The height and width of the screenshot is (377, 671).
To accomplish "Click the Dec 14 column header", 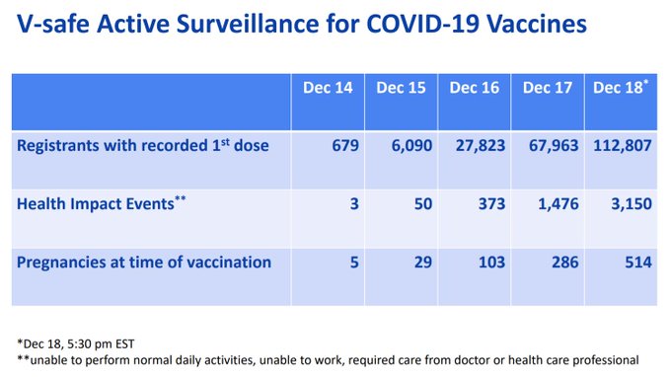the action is click(x=328, y=88).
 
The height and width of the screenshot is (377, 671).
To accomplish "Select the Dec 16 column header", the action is click(x=475, y=88).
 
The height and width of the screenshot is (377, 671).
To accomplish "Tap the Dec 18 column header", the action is click(x=621, y=87).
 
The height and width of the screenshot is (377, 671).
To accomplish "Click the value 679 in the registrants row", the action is click(x=345, y=145).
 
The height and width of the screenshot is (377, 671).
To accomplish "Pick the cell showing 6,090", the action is click(x=411, y=146).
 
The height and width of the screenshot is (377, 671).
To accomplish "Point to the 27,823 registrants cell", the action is click(x=481, y=146).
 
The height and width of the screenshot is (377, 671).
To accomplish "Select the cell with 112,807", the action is click(x=623, y=146).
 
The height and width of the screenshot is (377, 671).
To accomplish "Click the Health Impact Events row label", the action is click(x=102, y=203).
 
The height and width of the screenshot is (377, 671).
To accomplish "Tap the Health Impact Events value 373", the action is click(x=491, y=203).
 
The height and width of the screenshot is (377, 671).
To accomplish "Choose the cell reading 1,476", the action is click(x=559, y=204).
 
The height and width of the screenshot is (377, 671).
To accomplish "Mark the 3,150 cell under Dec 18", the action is click(x=632, y=204).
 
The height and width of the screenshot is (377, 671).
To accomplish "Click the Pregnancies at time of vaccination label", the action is click(x=144, y=263).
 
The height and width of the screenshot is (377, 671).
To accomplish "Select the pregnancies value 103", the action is click(x=491, y=262).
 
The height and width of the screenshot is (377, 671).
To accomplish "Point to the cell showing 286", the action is click(x=564, y=262).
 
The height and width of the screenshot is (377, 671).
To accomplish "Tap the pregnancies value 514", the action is click(x=638, y=262).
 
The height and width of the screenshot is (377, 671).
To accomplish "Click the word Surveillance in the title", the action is click(x=248, y=24).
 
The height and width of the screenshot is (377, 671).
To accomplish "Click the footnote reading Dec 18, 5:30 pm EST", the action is click(x=76, y=344).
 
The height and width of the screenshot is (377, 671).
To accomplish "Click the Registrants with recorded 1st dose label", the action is click(x=143, y=145).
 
